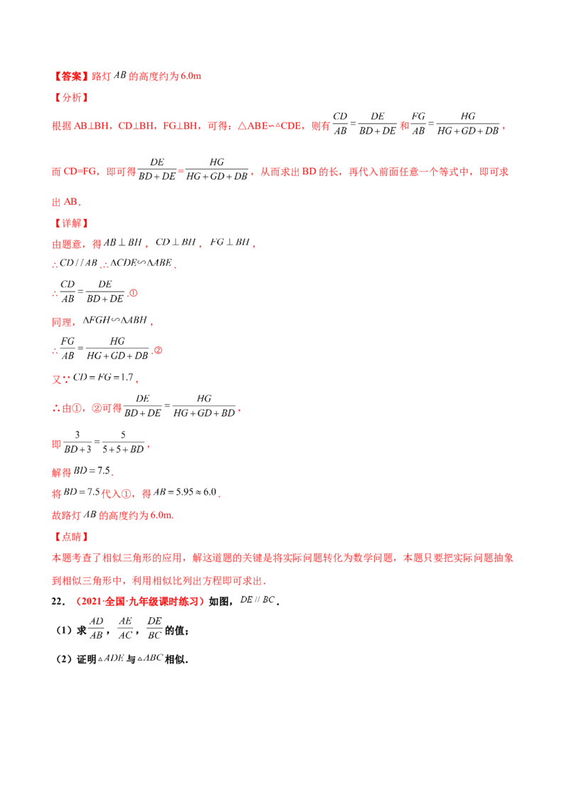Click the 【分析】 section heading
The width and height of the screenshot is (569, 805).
[70, 98]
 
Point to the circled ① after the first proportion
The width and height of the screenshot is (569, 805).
[132, 293]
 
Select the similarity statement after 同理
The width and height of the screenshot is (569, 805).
[115, 321]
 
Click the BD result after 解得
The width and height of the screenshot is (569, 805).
[93, 471]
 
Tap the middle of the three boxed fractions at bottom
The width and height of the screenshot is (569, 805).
[125, 627]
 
